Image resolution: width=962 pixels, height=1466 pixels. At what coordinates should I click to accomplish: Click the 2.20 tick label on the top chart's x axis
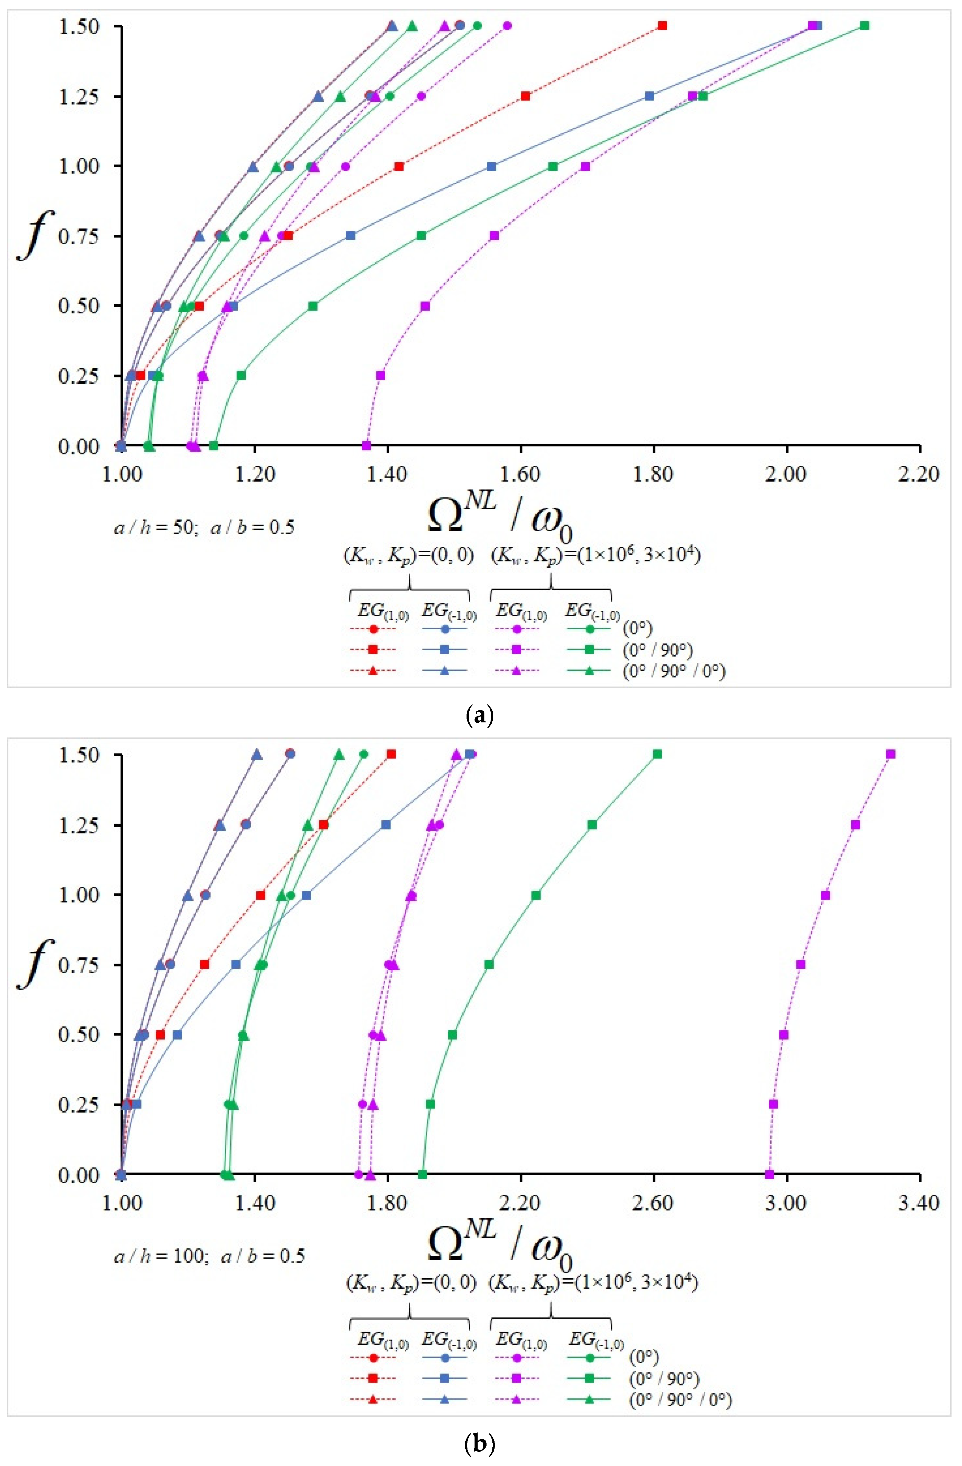(x=919, y=474)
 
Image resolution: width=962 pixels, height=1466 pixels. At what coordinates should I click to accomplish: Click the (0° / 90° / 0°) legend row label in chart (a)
(x=674, y=671)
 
